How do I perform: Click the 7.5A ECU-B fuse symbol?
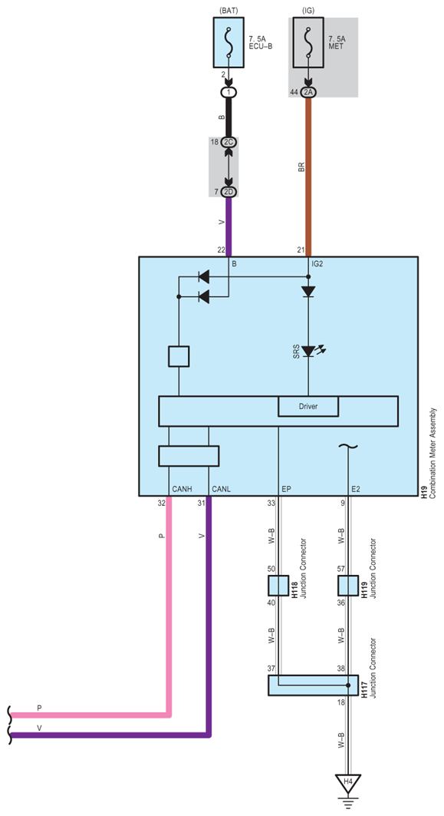[229, 42]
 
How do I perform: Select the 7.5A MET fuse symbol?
[308, 42]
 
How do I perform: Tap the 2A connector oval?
[308, 92]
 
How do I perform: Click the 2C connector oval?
[229, 142]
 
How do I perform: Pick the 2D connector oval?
[229, 192]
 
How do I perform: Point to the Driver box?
[308, 406]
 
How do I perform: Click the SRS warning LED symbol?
[308, 352]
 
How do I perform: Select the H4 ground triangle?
[348, 782]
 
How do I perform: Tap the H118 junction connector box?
[278, 586]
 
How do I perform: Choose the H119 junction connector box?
[348, 586]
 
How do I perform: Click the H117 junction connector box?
[313, 686]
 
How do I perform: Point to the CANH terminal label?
[182, 489]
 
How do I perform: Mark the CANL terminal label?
[222, 489]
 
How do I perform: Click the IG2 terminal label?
[317, 264]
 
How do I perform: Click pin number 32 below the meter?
[161, 503]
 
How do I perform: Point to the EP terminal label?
[286, 489]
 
